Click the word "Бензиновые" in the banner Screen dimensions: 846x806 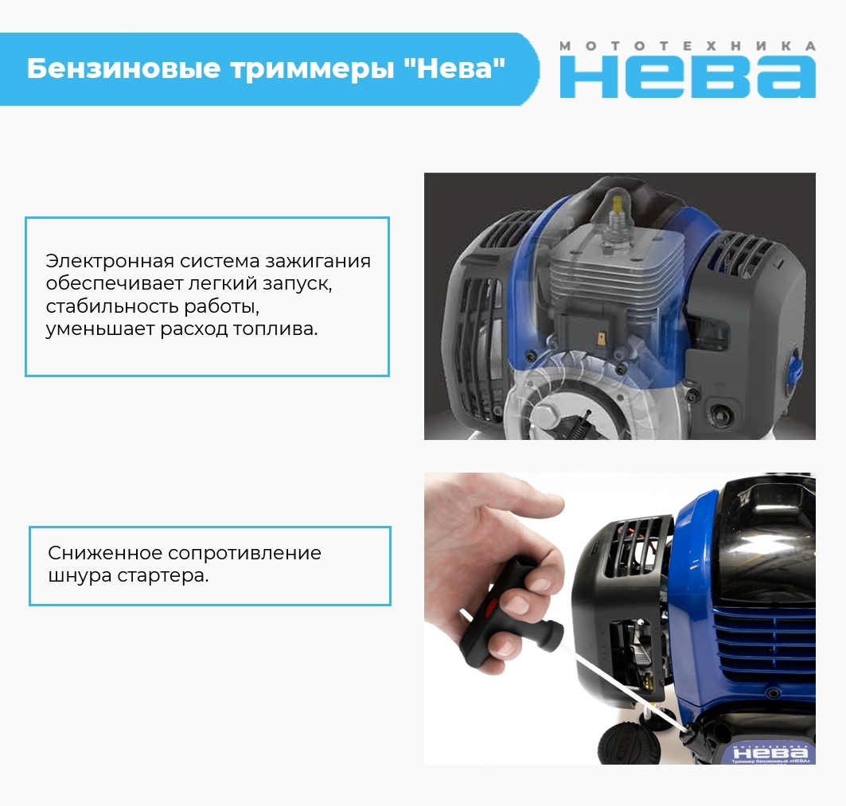123,68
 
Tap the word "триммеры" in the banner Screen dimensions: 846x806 313,69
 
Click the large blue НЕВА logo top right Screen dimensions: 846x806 688,77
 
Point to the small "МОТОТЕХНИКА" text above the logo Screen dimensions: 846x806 688,46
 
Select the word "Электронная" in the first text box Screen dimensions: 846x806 110,260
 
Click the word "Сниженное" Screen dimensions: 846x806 104,552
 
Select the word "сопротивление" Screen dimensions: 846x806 244,554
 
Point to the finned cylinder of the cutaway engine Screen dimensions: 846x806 616,275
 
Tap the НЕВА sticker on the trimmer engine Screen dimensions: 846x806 771,753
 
